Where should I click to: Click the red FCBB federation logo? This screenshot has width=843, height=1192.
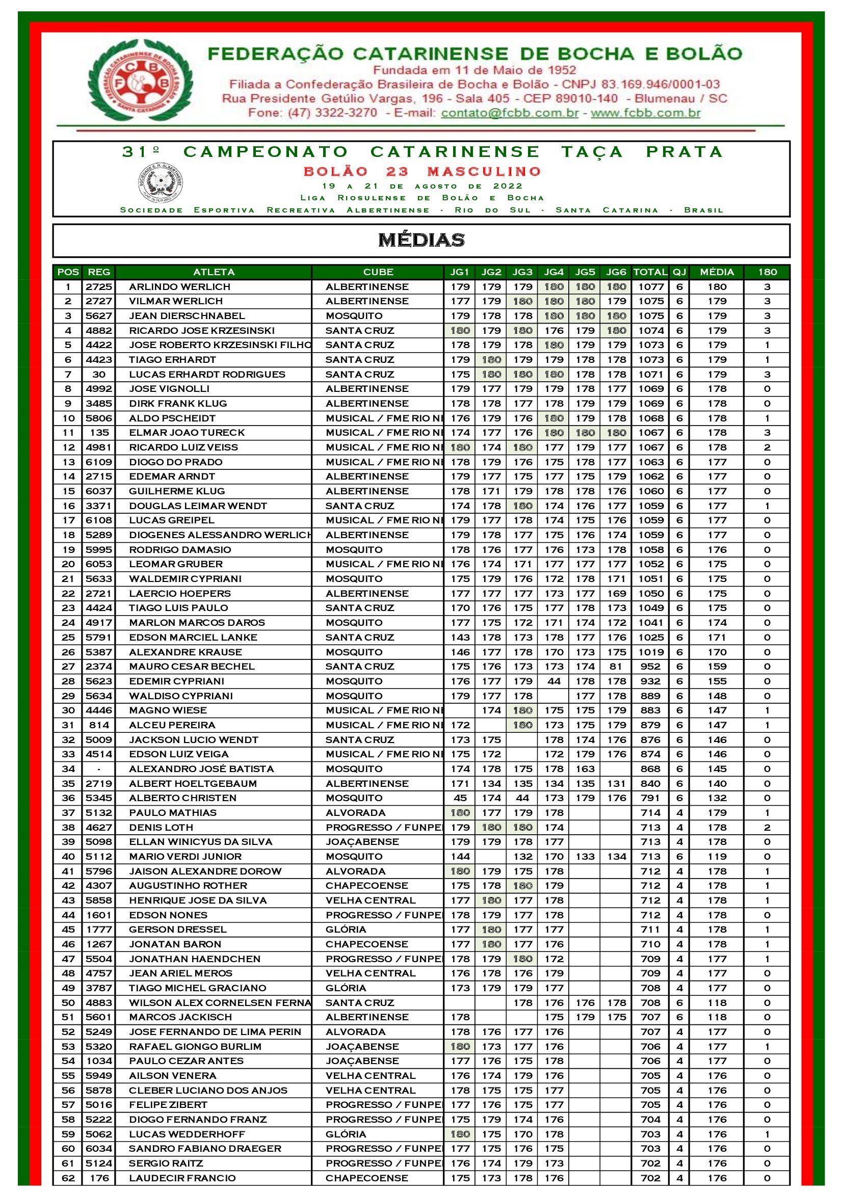140,80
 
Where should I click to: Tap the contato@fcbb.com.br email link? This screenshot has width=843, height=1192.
509,113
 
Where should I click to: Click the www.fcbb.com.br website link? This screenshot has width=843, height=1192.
645,113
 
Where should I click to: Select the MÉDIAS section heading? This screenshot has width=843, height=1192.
421,240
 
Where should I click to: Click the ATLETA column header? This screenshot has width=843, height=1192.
214,272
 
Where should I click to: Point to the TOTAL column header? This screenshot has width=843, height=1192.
650,272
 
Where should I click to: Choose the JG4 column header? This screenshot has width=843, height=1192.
554,272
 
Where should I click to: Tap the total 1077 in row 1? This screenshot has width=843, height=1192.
651,286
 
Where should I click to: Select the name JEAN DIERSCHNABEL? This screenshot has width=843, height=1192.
187,315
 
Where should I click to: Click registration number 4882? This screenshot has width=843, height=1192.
99,331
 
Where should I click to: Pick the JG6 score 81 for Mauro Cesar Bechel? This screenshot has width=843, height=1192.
617,667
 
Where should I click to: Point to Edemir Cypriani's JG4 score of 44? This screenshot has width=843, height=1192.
554,681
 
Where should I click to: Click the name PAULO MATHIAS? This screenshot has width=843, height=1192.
173,812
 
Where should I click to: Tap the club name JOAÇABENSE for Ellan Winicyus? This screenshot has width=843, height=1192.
362,841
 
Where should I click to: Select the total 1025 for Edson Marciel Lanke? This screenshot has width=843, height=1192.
651,638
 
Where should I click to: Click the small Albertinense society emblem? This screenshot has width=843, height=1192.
161,183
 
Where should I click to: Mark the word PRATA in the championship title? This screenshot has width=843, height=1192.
684,151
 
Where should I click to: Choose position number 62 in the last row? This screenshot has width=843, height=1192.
68,1178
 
